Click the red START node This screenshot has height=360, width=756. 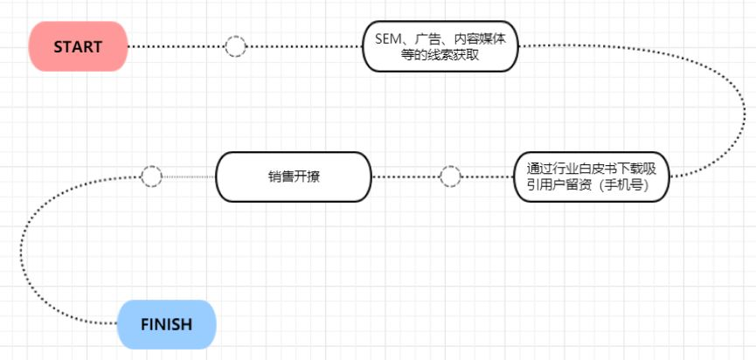[78, 46]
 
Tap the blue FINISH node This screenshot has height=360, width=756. [166, 324]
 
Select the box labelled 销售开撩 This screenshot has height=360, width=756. [294, 177]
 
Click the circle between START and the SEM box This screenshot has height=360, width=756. [235, 46]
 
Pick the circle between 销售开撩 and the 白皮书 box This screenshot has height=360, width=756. [450, 177]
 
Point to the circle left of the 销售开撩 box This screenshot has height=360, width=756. [151, 177]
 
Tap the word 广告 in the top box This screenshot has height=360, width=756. [427, 39]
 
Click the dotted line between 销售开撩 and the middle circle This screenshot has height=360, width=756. [406, 177]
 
